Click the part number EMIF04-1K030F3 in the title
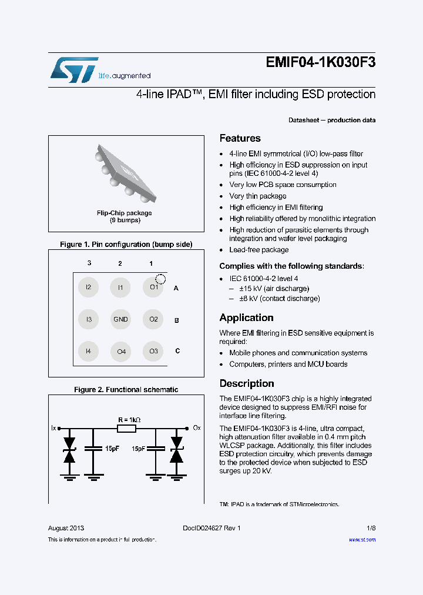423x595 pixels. [x=320, y=63]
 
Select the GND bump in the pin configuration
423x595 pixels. [x=120, y=319]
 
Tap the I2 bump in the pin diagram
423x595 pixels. [x=88, y=288]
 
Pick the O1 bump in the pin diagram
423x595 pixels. [x=153, y=288]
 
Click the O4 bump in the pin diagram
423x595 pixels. [x=120, y=352]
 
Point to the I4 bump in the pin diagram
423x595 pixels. [x=88, y=352]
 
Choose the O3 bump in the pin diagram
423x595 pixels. [x=153, y=352]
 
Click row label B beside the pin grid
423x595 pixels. [x=176, y=320]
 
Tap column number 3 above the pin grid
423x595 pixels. [x=89, y=264]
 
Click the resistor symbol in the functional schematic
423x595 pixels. [x=126, y=428]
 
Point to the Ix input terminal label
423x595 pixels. [x=53, y=428]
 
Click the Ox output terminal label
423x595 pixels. [x=197, y=428]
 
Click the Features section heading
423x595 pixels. [x=240, y=138]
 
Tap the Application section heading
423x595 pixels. [x=246, y=317]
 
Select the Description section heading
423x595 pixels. [x=246, y=383]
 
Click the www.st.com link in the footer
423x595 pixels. [x=362, y=540]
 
